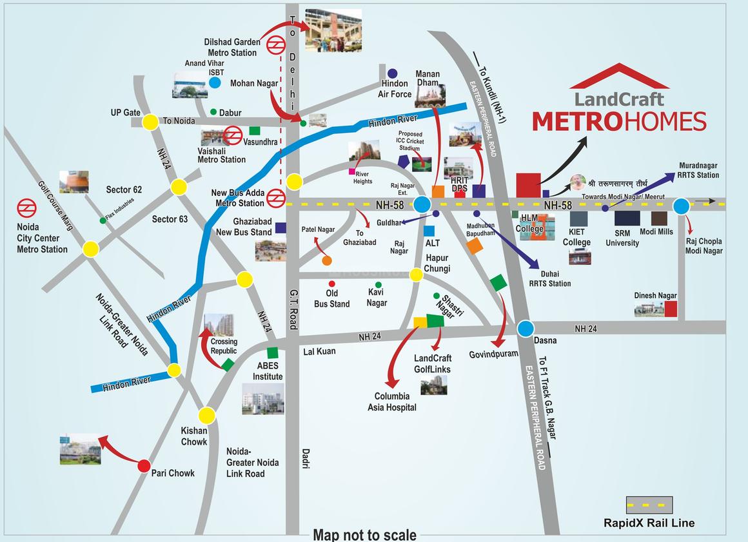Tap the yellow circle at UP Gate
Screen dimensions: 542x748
point(150,121)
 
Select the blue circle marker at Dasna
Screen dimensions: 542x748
point(526,329)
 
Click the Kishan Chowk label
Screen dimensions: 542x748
point(194,436)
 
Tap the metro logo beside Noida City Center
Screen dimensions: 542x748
point(26,208)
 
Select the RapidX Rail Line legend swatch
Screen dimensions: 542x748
point(649,505)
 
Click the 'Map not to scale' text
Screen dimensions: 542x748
point(364,534)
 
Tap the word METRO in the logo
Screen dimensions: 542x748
point(576,121)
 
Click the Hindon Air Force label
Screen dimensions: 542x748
point(395,89)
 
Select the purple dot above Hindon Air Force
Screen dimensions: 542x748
point(392,73)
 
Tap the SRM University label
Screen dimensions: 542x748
point(622,238)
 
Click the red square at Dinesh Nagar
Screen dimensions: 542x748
point(671,309)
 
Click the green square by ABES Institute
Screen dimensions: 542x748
point(272,353)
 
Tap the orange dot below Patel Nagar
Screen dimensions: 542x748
point(327,261)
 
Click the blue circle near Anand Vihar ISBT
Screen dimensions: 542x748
point(215,82)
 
